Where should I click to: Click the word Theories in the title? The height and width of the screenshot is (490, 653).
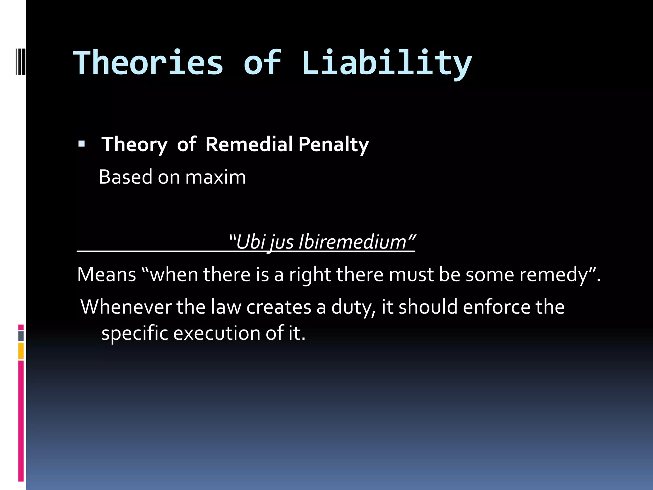148,63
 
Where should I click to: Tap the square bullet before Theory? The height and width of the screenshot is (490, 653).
82,144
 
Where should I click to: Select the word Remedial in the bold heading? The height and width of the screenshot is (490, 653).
249,144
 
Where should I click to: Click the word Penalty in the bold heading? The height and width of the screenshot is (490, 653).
334,145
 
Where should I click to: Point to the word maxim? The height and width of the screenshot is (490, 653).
216,177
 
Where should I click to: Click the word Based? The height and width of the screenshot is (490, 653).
126,177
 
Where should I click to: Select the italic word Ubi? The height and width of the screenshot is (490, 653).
251,242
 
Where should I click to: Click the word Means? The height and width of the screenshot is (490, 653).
106,274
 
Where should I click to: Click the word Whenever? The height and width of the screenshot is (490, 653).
126,307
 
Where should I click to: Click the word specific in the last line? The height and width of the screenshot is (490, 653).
135,334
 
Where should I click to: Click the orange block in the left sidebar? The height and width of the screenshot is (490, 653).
21,351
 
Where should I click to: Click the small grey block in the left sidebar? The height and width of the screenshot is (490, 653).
21,336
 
